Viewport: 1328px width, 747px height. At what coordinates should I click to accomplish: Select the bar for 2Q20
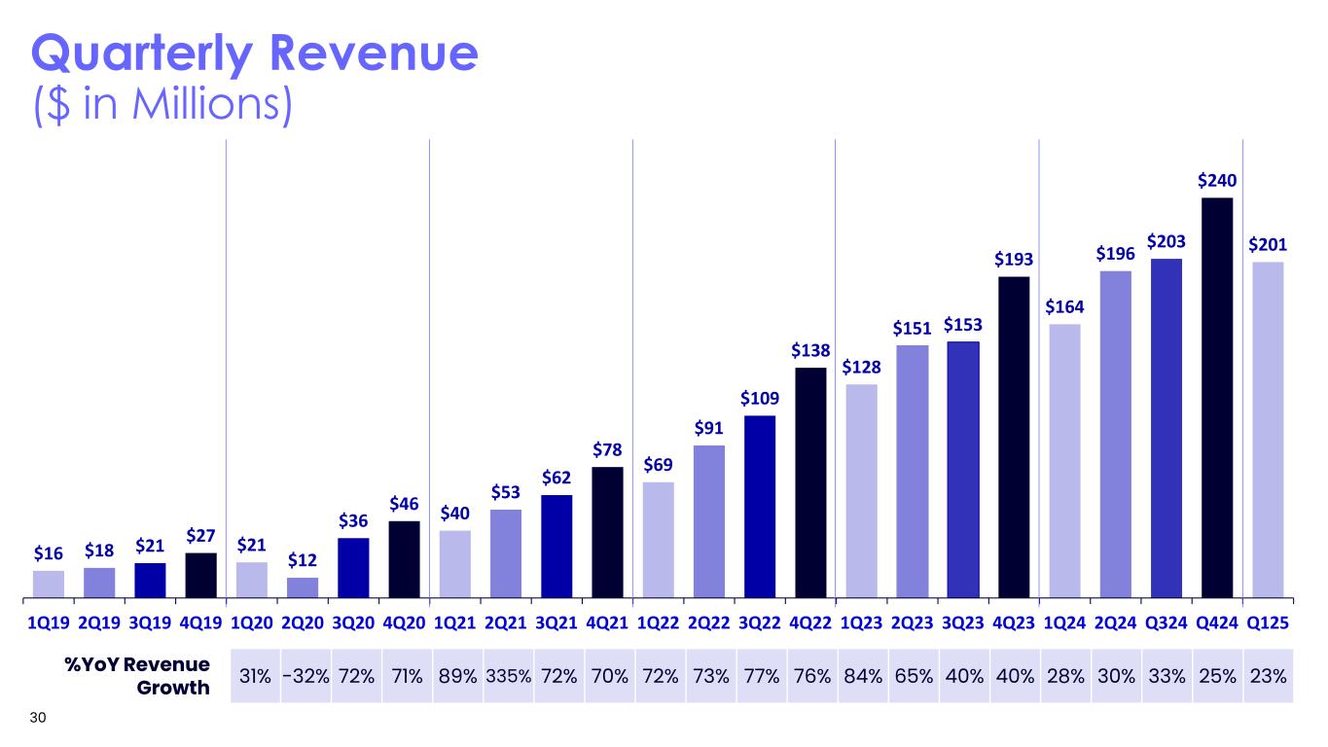(x=302, y=587)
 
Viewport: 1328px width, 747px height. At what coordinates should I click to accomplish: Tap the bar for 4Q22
(x=810, y=481)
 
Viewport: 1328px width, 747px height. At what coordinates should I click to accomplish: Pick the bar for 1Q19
(x=49, y=583)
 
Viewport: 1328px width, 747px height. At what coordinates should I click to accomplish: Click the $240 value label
(x=1217, y=180)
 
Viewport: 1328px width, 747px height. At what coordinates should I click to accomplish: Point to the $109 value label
(x=759, y=398)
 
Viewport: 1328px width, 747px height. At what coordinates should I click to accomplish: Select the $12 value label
(x=302, y=560)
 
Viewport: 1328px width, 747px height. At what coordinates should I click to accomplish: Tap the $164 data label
(x=1064, y=306)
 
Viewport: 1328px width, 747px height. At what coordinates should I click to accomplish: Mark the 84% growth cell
(x=862, y=675)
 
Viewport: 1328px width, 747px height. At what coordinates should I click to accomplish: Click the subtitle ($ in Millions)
(x=162, y=105)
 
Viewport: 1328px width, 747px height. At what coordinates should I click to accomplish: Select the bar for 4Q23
(x=1014, y=437)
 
